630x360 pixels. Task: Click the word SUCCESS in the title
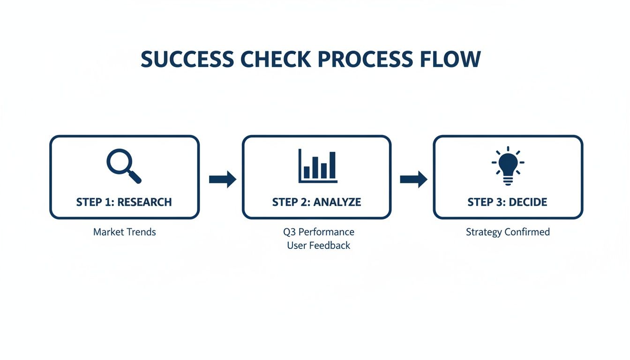coord(187,60)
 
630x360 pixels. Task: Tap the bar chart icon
coord(318,166)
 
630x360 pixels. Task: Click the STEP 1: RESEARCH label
coord(124,202)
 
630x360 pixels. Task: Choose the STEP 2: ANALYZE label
coord(316,202)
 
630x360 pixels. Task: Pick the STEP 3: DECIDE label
coord(507,202)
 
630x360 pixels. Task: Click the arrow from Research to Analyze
coord(223,179)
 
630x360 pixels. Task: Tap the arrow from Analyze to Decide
coord(413,179)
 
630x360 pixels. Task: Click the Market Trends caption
coord(124,232)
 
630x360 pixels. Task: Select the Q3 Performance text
coord(318,232)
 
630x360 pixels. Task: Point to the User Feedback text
coord(318,245)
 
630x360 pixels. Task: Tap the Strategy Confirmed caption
coord(508,232)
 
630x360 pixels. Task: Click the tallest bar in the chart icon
coord(332,165)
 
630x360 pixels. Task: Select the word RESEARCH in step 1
coord(144,202)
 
